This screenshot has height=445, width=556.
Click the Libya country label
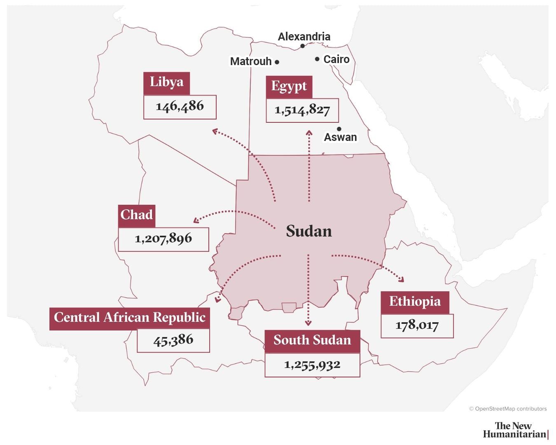(166, 83)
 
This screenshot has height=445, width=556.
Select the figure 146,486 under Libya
(180, 107)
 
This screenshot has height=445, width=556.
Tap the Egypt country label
(289, 87)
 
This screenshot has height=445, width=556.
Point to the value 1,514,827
(302, 110)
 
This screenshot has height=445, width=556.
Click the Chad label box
(136, 215)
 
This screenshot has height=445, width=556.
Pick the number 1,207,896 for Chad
(163, 239)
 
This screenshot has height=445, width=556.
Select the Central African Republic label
(129, 318)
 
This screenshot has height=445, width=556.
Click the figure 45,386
(173, 341)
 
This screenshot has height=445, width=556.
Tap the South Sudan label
(312, 341)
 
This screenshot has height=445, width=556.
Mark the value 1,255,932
(312, 365)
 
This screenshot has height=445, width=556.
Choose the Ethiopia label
(415, 302)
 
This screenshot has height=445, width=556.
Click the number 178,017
(417, 326)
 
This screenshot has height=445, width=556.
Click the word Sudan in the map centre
(309, 231)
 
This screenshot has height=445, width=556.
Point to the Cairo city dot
(317, 59)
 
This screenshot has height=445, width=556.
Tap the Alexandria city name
(304, 37)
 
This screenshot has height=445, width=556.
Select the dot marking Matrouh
(277, 62)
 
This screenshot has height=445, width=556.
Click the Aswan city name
(340, 137)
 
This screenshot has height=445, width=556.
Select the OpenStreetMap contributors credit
(508, 409)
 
